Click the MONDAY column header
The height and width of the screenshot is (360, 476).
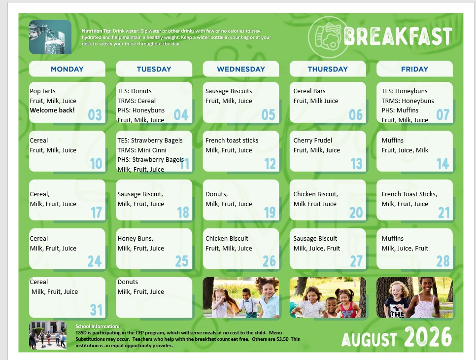click(x=67, y=69)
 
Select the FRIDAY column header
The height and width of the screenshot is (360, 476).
click(x=414, y=69)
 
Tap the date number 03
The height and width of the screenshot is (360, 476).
click(x=95, y=115)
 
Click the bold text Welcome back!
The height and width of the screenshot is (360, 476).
click(x=52, y=110)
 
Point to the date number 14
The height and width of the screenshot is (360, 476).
click(x=442, y=164)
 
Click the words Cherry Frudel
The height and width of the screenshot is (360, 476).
click(x=313, y=141)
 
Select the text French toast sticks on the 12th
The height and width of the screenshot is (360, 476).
click(x=232, y=141)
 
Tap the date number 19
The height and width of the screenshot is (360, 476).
click(x=270, y=213)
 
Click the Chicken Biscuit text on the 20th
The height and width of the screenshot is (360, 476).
click(x=315, y=194)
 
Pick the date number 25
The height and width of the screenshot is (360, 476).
click(x=182, y=261)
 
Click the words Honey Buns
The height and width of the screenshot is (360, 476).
click(x=135, y=239)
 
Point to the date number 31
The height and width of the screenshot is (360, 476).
click(x=96, y=310)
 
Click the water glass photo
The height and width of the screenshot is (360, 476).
click(x=50, y=37)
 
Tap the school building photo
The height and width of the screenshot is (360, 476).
click(x=48, y=335)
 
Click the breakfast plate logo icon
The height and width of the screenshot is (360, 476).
click(x=327, y=37)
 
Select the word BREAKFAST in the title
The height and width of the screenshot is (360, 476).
click(x=398, y=36)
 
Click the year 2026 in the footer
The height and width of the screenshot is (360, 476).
click(x=428, y=337)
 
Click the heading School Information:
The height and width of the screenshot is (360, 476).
click(x=98, y=326)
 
